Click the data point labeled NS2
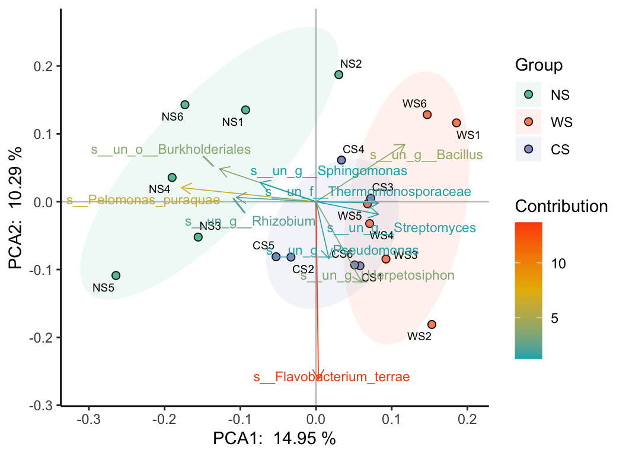[338, 74]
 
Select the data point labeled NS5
[116, 275]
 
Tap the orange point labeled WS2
[432, 324]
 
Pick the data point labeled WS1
[456, 123]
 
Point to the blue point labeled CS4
[341, 160]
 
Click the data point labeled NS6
[185, 104]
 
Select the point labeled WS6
[427, 115]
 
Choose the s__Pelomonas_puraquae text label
[143, 200]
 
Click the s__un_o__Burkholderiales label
[171, 150]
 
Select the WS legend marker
[529, 122]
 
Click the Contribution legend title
[561, 207]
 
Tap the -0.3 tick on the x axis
[88, 420]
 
